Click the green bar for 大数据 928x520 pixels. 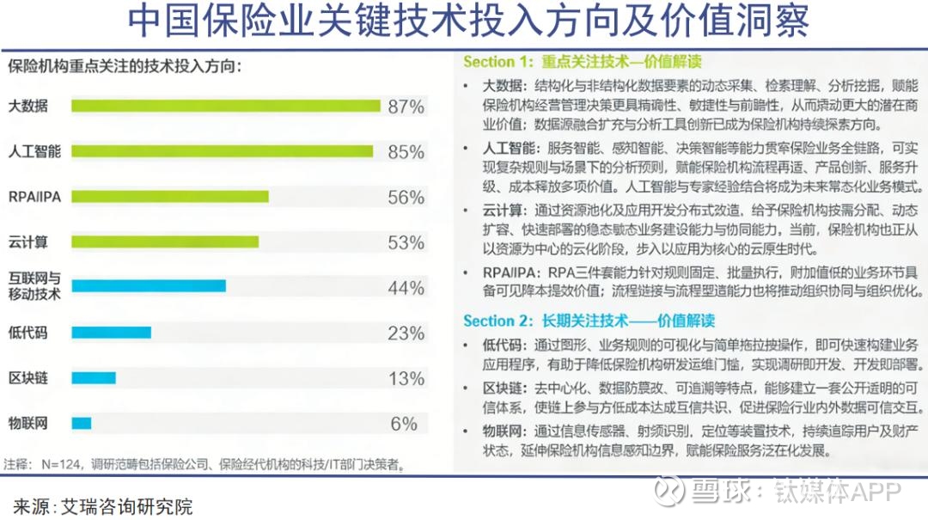pos(225,107)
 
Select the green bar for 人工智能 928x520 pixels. pos(222,151)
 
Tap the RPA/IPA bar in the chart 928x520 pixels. pos(169,197)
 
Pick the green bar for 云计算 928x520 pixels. pos(165,242)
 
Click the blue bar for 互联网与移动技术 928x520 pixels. pos(148,286)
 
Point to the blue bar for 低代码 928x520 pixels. pos(111,333)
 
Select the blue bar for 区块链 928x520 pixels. pos(93,378)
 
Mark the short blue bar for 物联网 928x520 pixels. pos(82,423)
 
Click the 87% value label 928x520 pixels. pos(406,107)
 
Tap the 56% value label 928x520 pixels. pos(406,198)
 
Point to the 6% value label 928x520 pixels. pos(404,424)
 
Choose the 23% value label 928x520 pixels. pos(406,333)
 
